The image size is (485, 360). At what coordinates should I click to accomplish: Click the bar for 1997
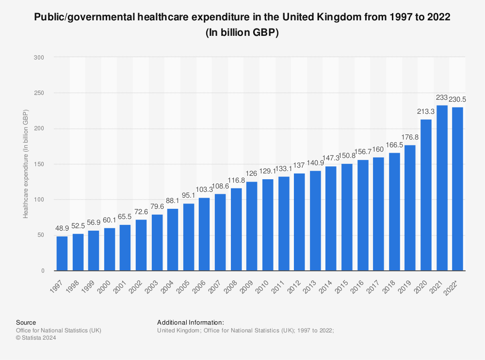(x=62, y=253)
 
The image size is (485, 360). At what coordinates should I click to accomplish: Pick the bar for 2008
(x=236, y=229)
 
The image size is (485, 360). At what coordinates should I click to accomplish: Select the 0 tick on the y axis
(x=43, y=271)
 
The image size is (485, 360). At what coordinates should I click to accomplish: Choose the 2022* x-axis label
(x=456, y=284)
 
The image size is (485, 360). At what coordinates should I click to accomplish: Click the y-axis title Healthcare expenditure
(x=26, y=164)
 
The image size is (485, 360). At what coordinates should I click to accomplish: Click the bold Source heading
(x=26, y=322)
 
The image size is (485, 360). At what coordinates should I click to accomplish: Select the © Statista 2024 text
(x=36, y=338)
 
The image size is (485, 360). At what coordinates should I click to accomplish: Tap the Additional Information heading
(x=191, y=322)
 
